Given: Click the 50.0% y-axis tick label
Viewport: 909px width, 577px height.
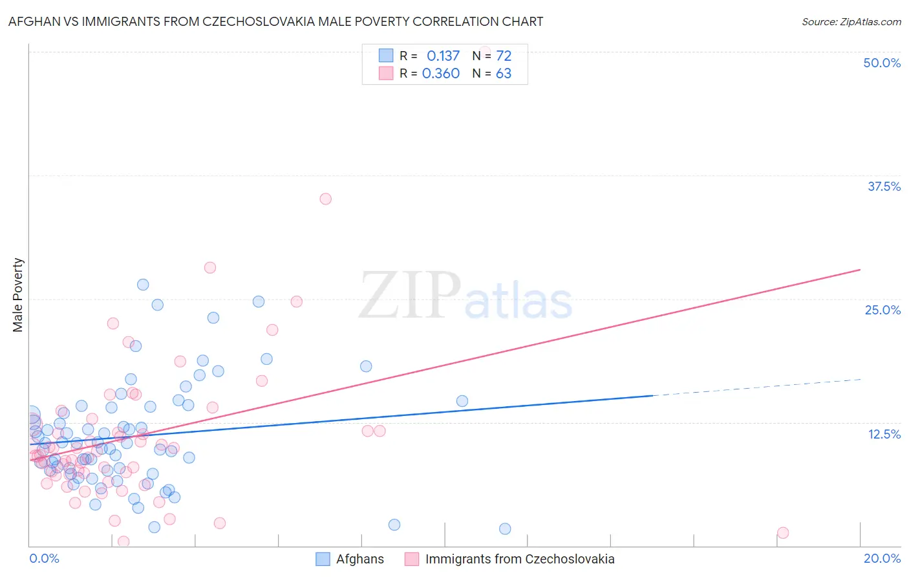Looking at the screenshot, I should coord(882,63).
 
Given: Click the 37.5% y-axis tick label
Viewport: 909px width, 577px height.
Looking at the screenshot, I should coord(884,186).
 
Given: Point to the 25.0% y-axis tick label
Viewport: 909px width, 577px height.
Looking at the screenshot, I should coord(882,310).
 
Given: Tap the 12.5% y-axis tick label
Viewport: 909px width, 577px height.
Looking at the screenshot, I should coord(884,434).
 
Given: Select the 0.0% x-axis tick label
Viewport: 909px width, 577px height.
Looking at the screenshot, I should coord(44,558).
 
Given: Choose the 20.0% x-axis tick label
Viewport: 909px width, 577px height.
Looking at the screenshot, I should coord(882,558).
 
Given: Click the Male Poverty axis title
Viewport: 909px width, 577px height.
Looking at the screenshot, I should coord(18,295).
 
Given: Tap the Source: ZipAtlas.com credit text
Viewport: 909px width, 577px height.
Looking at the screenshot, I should coord(851,21).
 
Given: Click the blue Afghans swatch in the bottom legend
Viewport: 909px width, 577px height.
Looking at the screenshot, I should coord(323,559).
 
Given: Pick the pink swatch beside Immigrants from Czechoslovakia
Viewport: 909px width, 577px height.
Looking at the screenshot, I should coord(412,559).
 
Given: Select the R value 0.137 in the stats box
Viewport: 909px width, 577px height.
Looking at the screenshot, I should coord(443,56).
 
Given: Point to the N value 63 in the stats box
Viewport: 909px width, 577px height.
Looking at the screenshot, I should coord(503,73).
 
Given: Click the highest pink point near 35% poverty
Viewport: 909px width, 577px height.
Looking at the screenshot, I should coord(326,199).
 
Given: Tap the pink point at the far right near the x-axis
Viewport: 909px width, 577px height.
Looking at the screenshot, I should coord(783,532).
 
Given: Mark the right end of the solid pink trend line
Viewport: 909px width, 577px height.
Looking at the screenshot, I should coord(860,269).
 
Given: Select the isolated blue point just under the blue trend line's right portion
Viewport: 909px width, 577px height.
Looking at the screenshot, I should coord(462,401).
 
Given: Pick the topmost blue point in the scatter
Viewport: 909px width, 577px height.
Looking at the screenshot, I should coord(143,285).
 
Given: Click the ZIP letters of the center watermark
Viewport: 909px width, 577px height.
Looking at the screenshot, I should coord(410,296).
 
